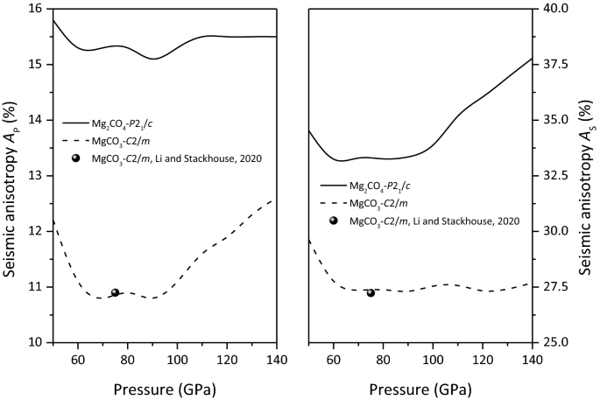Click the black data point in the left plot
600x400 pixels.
click(115, 292)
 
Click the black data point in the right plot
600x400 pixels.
click(371, 292)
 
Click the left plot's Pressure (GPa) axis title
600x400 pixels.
click(165, 386)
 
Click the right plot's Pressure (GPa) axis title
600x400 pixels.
click(420, 386)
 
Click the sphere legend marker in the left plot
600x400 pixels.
click(77, 157)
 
